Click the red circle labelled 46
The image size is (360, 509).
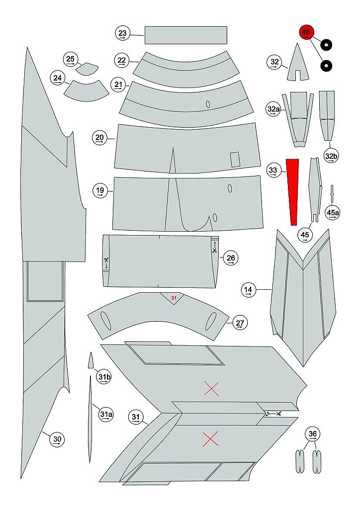[x=306, y=32]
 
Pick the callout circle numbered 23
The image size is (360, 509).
[x=123, y=33]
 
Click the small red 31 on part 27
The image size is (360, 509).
[x=174, y=298]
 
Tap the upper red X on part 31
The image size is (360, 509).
[x=211, y=389]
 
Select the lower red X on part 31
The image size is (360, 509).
[x=211, y=439]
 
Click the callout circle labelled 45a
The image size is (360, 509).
[x=333, y=213]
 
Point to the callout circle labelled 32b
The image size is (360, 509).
[x=331, y=156]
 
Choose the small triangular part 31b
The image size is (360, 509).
[x=91, y=360]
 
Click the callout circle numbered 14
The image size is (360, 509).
[x=248, y=290]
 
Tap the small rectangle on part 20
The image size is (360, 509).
[x=235, y=160]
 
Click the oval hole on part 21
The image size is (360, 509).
[x=208, y=104]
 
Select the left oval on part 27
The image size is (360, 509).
[x=105, y=321]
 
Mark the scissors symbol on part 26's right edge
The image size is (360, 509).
[x=214, y=251]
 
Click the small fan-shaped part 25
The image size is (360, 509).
[x=87, y=69]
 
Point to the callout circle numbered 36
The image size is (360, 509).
[x=313, y=434]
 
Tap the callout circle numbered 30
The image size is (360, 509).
[x=57, y=439]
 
